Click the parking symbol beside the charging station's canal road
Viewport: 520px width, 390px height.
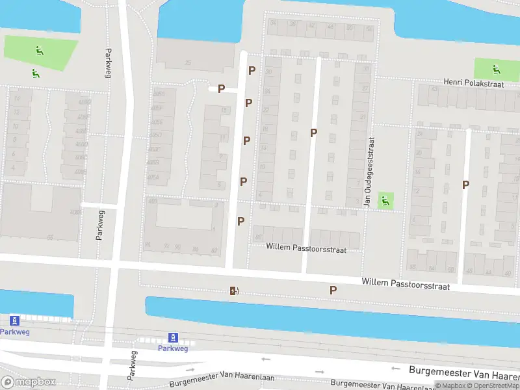pos(333,291)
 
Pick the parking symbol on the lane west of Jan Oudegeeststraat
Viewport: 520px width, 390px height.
pos(313,133)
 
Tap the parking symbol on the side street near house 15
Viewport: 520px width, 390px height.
pos(221,89)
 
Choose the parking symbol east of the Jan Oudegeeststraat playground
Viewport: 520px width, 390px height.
pos(465,185)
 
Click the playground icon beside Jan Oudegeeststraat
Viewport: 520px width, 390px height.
pos(385,201)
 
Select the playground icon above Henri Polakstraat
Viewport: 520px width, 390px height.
pos(496,68)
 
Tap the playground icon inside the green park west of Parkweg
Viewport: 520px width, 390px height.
pos(40,49)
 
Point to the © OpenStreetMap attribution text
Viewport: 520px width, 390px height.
pos(495,386)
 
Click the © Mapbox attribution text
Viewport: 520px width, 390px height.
pos(451,386)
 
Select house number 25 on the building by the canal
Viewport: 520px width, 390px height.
pos(188,63)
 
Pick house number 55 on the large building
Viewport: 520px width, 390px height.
pos(49,238)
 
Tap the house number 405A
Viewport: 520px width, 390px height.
pos(153,177)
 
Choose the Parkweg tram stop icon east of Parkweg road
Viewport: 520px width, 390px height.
pos(173,337)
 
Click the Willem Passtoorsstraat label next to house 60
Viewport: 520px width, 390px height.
pos(306,248)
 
